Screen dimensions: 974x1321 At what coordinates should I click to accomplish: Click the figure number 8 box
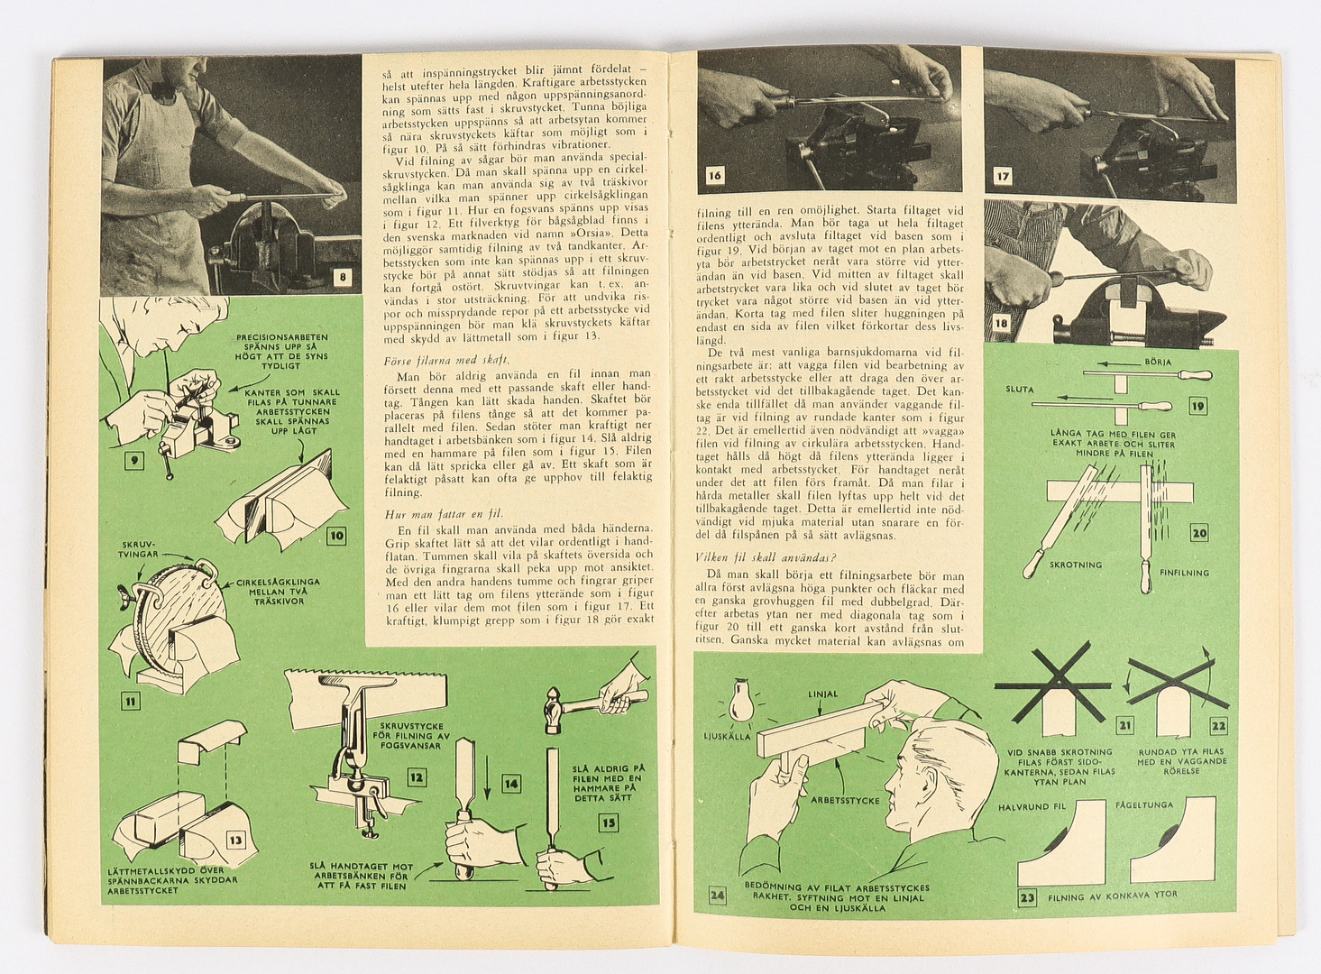point(342,278)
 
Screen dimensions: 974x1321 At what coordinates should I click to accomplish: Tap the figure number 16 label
point(714,176)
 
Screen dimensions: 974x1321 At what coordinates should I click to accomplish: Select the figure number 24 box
point(717,896)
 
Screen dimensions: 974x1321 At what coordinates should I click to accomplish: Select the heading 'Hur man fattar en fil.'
point(430,514)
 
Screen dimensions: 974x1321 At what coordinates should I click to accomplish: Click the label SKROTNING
point(1075,565)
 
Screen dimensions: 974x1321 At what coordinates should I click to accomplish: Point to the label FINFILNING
point(1185,573)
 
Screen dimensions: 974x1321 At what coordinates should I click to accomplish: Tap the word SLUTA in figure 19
point(1020,390)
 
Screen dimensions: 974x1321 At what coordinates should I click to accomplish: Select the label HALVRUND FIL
point(1038,807)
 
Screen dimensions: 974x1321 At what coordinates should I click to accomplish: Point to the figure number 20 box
point(1198,532)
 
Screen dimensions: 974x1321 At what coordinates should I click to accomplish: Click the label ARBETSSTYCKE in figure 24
point(845,800)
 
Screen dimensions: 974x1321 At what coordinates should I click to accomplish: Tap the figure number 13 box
point(235,841)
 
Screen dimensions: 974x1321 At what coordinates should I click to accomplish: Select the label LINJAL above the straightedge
point(822,694)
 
